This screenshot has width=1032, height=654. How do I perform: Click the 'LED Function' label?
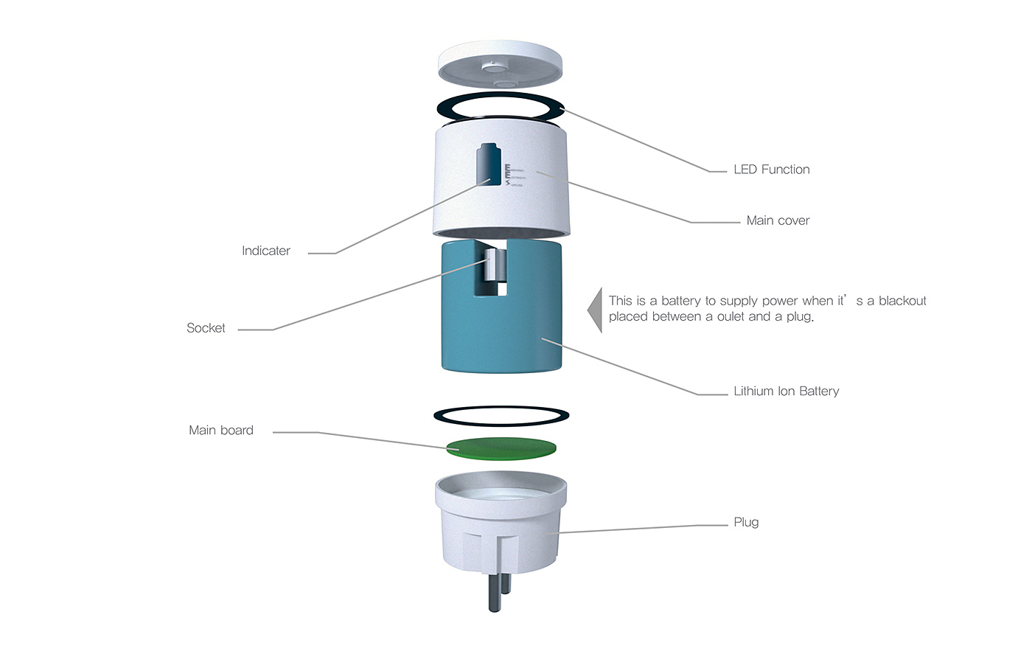click(771, 170)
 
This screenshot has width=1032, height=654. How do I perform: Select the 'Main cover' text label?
click(778, 220)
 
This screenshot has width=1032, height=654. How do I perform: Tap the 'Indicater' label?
click(265, 251)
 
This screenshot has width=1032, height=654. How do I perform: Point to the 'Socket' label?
click(206, 328)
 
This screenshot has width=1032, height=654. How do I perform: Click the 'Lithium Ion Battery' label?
click(786, 392)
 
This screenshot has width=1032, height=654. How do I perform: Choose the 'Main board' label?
click(220, 431)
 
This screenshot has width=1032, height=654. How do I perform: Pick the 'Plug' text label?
click(746, 523)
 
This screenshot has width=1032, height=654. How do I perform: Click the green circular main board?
click(501, 448)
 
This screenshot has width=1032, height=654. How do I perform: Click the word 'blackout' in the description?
click(902, 301)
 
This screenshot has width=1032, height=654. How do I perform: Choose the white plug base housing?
click(500, 531)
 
